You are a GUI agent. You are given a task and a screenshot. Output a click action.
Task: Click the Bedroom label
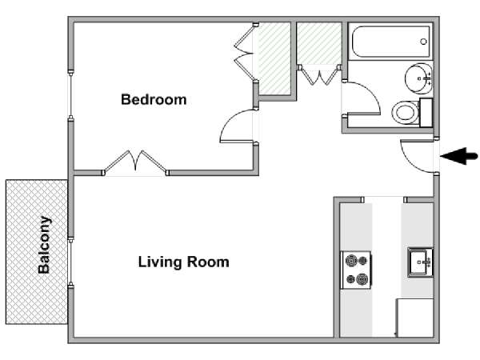click(154, 100)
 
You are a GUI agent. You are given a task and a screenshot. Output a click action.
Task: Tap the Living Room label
click(184, 262)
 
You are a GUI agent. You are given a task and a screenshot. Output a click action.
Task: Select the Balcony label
click(44, 245)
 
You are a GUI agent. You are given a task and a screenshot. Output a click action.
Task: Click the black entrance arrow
click(459, 156)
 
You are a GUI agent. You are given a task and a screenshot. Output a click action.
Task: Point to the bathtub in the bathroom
click(391, 42)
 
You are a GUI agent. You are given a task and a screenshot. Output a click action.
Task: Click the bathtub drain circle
click(424, 42)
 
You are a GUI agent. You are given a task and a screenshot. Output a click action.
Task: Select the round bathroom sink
click(418, 78)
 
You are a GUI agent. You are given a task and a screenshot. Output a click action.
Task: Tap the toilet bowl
click(405, 112)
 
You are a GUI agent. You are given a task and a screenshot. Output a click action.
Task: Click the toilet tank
click(426, 113)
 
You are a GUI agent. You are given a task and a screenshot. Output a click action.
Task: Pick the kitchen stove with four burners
click(356, 270)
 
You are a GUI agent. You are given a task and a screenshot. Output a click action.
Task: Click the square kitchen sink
click(420, 262)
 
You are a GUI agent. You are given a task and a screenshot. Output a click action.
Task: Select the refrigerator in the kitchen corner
click(414, 318)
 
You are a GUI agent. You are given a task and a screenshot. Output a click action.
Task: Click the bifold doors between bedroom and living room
click(135, 163)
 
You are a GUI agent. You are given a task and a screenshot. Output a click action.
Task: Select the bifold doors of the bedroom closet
click(245, 54)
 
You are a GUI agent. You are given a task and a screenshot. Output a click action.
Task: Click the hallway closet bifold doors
click(319, 75)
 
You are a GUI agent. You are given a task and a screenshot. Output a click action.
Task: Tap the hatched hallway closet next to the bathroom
click(319, 43)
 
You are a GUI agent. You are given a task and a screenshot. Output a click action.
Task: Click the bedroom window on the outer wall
click(70, 95)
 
